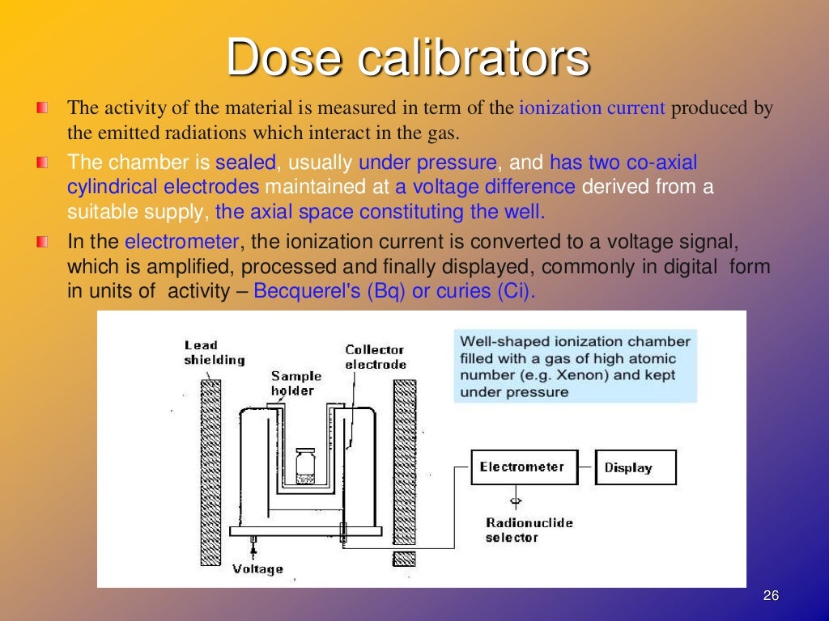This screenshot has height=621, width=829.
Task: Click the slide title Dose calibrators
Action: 407,58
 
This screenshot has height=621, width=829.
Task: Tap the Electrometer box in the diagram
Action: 521,467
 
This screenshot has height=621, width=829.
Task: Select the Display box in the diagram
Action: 635,467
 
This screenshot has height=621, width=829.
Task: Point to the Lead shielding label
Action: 214,353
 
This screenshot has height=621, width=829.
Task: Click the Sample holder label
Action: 295,382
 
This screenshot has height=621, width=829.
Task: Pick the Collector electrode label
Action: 375,357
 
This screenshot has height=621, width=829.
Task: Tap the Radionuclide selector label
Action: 529,530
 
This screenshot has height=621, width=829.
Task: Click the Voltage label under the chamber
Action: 257,568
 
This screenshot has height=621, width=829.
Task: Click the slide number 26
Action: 771,596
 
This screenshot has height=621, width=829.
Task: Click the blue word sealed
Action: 246,163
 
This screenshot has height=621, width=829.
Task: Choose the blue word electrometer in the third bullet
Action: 182,241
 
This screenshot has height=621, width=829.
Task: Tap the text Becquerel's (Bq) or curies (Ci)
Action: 394,291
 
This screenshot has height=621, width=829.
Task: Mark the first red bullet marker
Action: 42,108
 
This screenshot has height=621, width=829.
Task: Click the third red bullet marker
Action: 42,241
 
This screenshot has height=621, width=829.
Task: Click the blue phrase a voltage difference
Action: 486,188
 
